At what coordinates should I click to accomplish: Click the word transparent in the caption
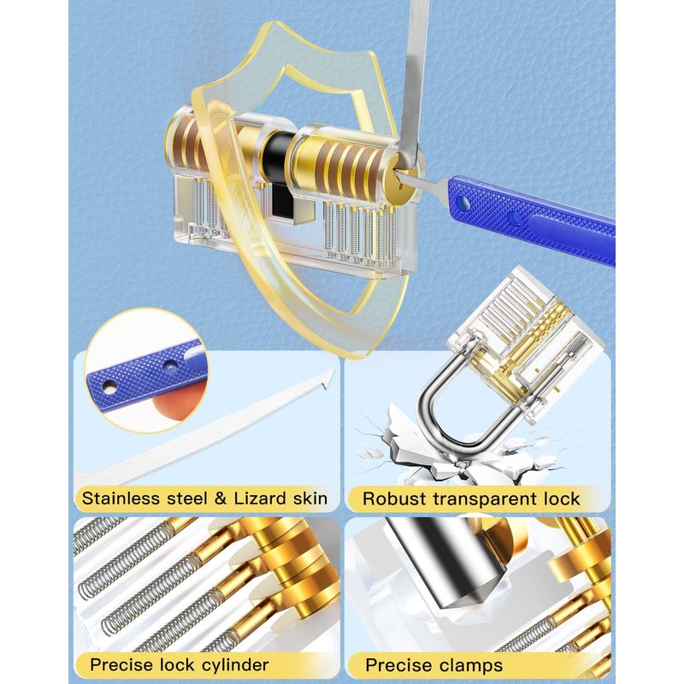coord(481,499)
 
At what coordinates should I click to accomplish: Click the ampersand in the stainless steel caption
coord(221,498)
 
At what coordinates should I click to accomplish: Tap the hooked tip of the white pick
coord(328,377)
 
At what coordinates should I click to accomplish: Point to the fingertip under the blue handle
coord(179,401)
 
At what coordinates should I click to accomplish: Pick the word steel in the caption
coord(186,498)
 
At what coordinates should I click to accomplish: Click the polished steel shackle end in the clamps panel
coord(450,563)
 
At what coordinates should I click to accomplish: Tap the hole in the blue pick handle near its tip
coord(464,202)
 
